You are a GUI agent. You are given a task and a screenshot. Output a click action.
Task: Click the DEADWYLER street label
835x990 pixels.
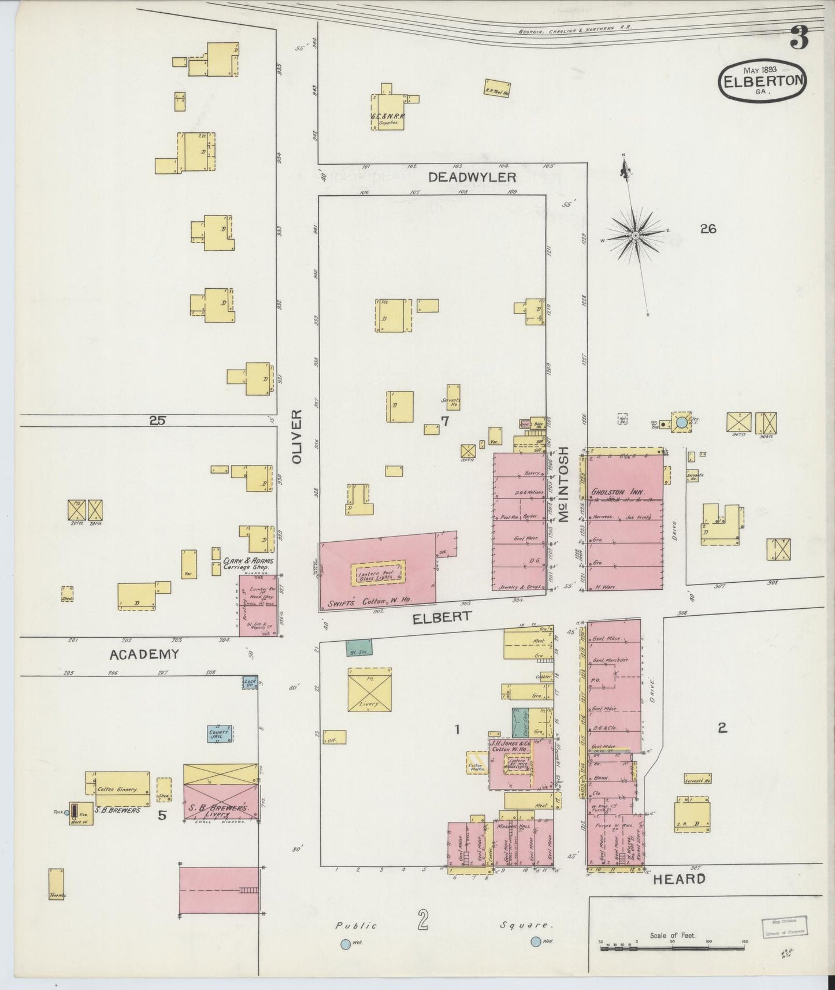coord(472,177)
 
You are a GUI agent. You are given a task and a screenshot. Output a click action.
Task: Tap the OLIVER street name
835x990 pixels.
coord(297,437)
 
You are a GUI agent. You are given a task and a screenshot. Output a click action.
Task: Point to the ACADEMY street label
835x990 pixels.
coord(144,654)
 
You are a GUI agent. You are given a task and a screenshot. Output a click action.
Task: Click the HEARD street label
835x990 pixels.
coord(679,879)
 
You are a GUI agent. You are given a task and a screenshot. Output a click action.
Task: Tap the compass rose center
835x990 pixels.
coord(635,235)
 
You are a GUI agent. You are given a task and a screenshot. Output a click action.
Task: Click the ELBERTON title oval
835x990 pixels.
coord(762,81)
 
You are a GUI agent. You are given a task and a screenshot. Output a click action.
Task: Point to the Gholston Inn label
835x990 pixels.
coord(618,493)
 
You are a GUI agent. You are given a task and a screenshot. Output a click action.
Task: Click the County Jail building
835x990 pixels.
coord(220,734)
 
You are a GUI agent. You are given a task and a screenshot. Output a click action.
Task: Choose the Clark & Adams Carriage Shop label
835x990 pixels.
coord(248,563)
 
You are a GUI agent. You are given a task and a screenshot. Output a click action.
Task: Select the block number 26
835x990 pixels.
coord(708,229)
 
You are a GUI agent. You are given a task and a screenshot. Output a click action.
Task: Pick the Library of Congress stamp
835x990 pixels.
coord(784,926)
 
